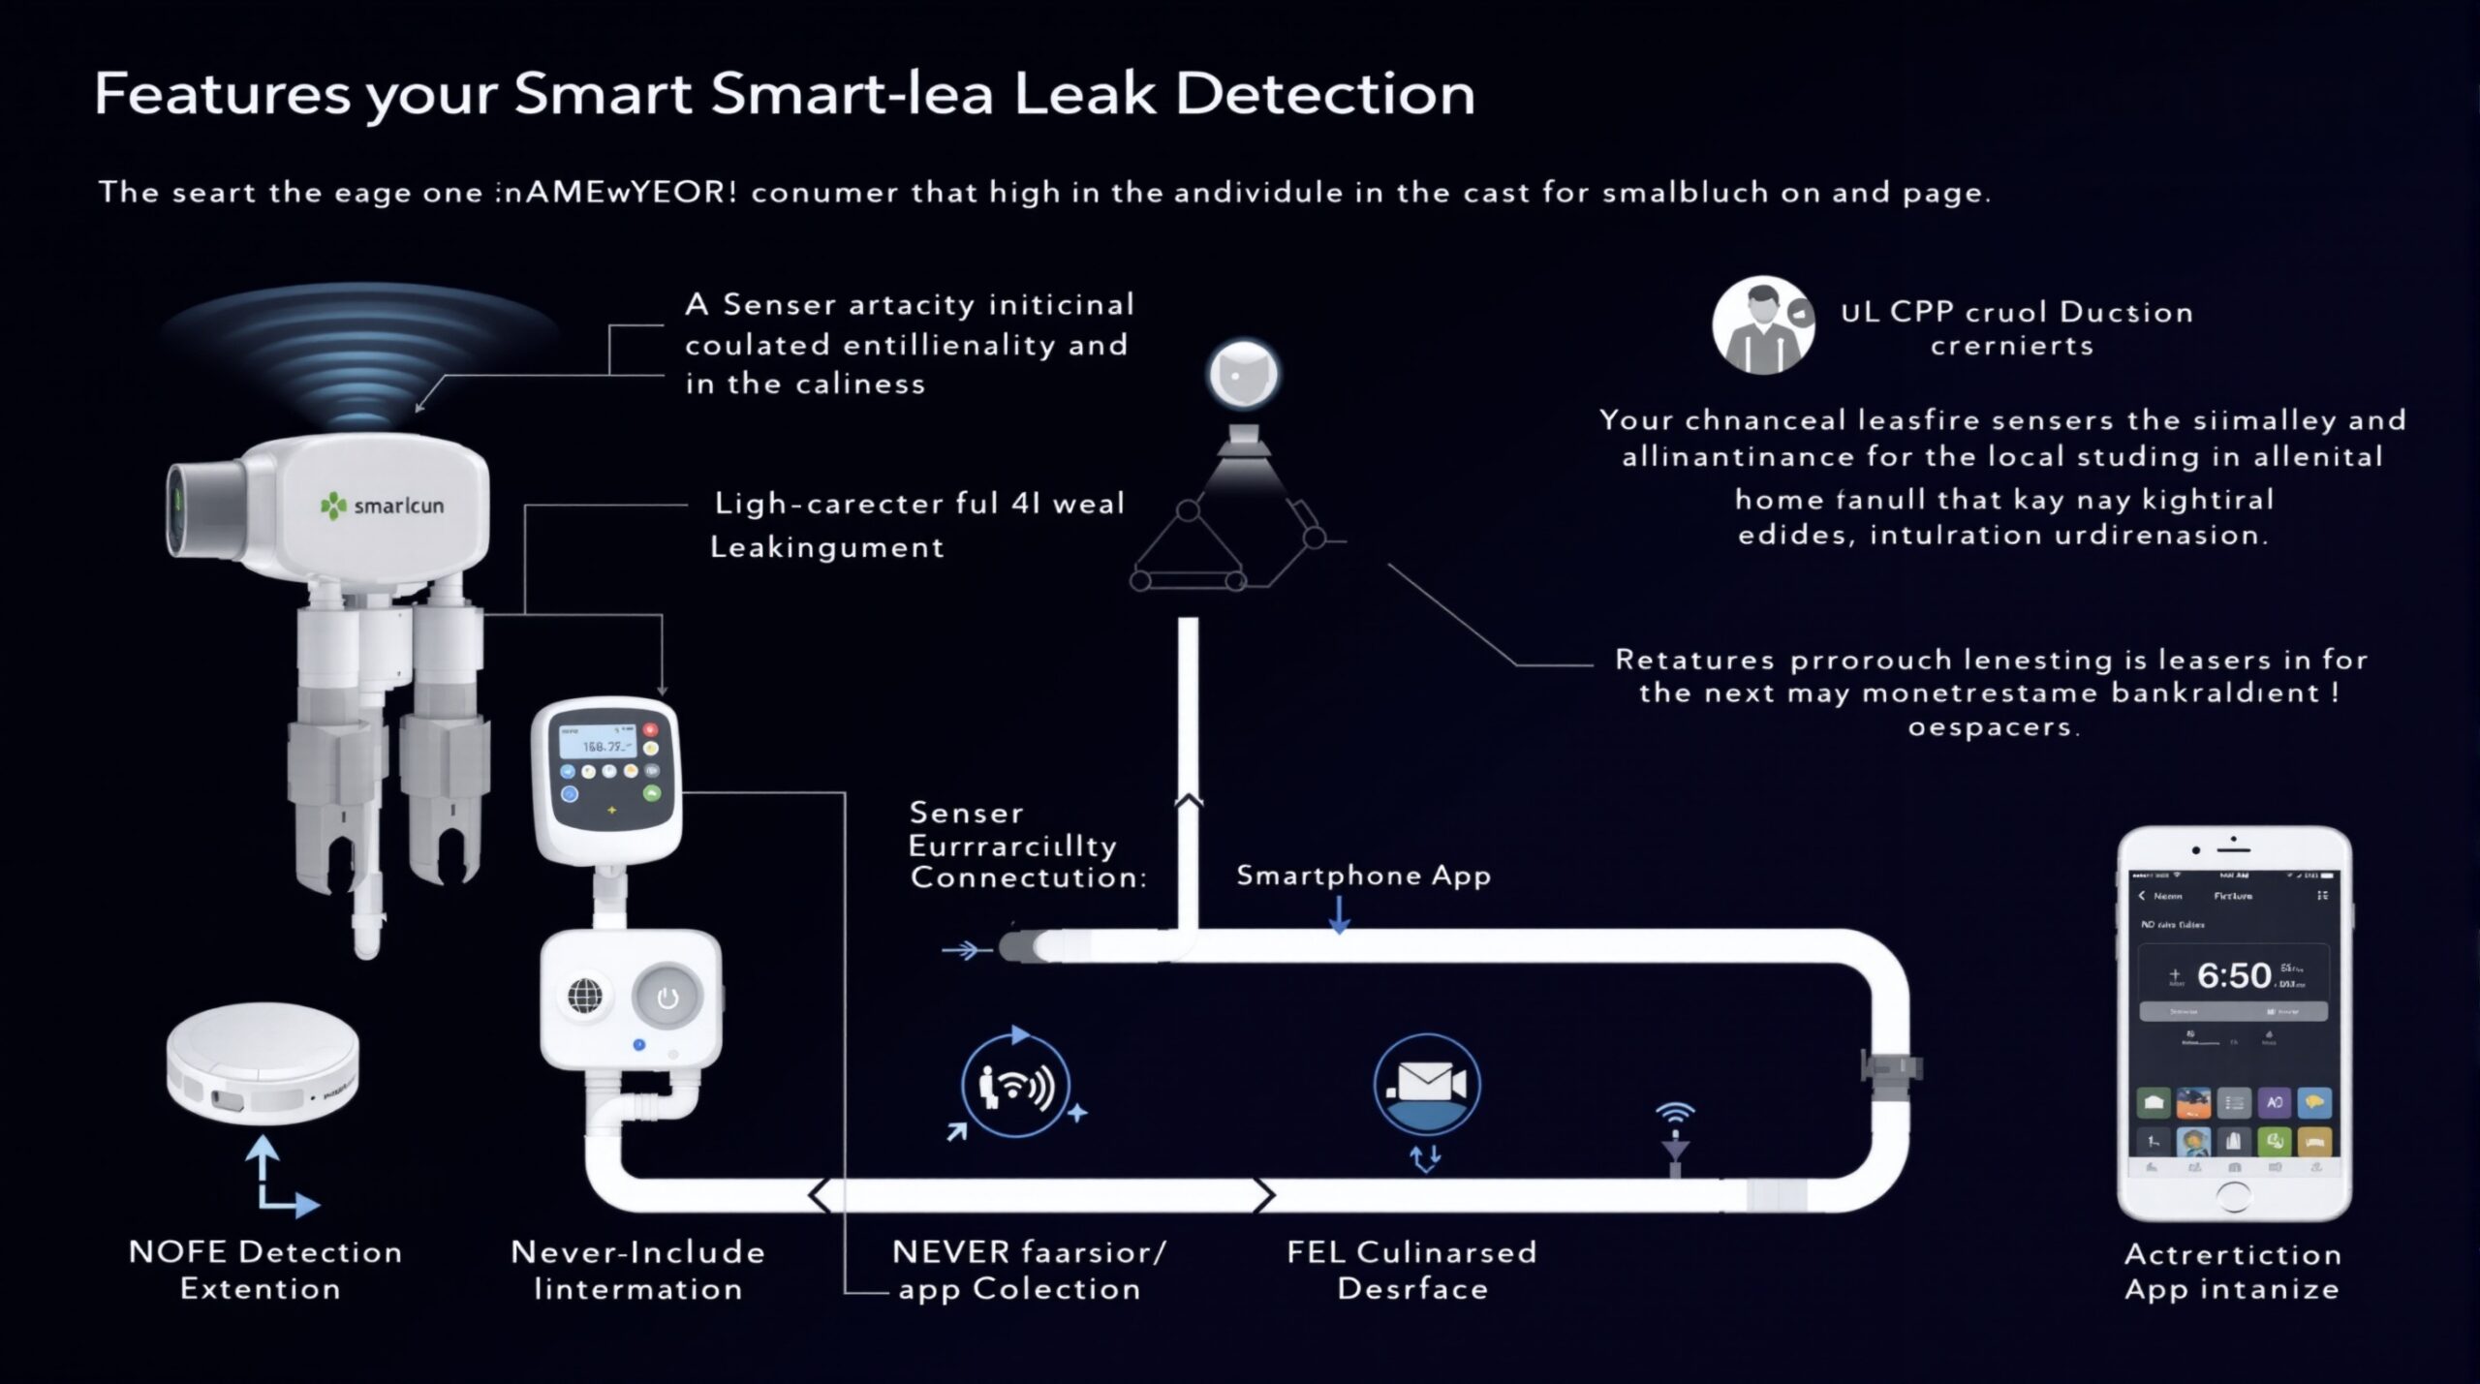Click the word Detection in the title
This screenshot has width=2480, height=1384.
(x=1324, y=94)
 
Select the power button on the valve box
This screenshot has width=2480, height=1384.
(x=666, y=998)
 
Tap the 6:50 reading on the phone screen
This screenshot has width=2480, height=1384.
(x=2234, y=975)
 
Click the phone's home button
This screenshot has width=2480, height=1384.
(x=2233, y=1197)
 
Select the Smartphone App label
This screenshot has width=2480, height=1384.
(x=1363, y=876)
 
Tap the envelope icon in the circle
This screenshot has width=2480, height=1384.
(x=1426, y=1081)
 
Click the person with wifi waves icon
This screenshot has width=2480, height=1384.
(x=1014, y=1087)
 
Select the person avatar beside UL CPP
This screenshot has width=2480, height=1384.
(x=1762, y=326)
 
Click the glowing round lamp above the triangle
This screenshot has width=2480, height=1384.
(x=1243, y=373)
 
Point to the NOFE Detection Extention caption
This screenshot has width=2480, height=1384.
(x=264, y=1270)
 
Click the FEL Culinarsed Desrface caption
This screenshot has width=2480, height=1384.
(x=1411, y=1270)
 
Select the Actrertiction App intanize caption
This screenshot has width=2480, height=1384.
(x=2232, y=1271)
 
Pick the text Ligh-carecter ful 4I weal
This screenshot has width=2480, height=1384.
(x=918, y=504)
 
